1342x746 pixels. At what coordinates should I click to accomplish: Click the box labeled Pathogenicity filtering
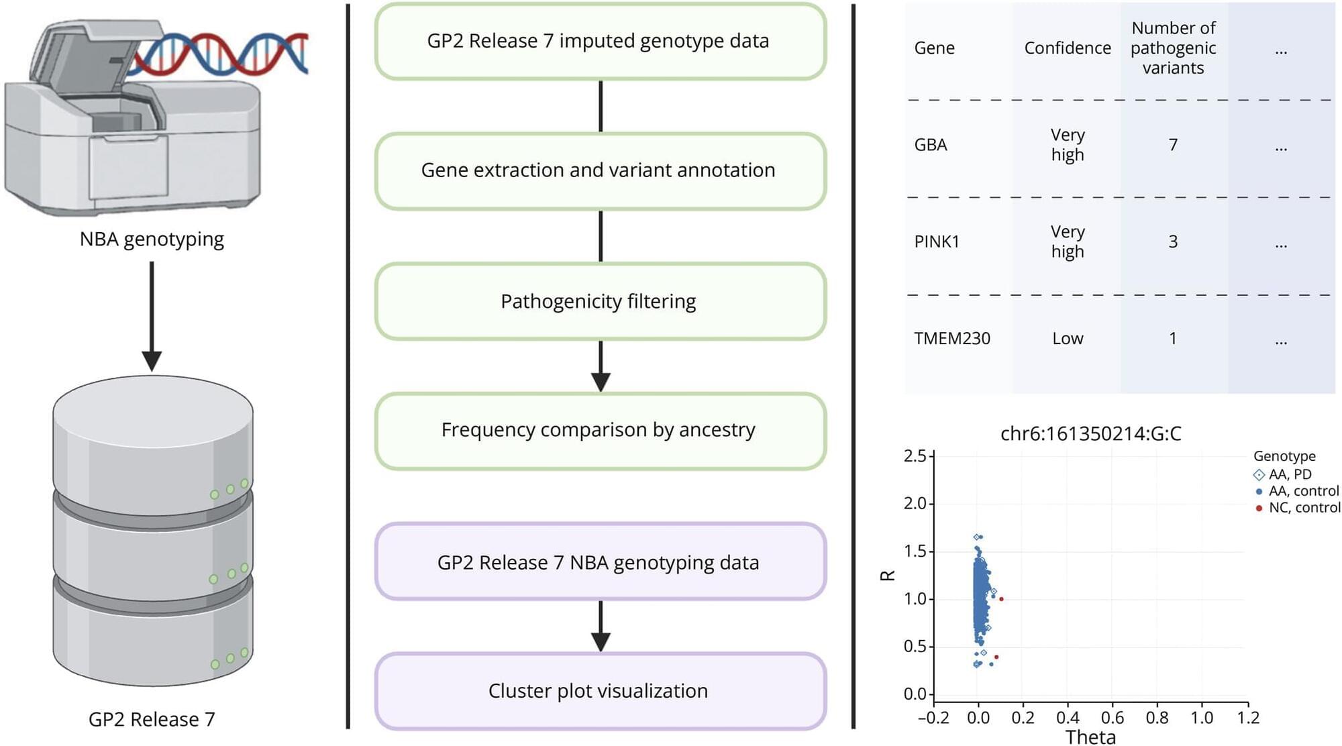click(600, 301)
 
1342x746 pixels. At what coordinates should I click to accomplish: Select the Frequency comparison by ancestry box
click(600, 430)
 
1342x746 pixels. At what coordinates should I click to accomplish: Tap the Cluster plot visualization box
click(600, 691)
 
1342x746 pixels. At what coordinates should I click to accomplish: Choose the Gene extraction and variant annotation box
click(600, 170)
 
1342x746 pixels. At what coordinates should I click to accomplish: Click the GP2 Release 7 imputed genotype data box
click(600, 41)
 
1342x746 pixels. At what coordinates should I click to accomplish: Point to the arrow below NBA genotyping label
click(152, 315)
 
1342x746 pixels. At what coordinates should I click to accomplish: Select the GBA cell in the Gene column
click(931, 145)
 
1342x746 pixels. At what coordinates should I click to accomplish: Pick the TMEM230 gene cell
click(951, 339)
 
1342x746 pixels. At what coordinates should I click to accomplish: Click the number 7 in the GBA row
click(1173, 145)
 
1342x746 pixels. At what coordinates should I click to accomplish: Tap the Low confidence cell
click(1068, 339)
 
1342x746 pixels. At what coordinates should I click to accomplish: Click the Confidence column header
click(1067, 48)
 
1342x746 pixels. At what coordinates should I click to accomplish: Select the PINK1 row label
click(937, 242)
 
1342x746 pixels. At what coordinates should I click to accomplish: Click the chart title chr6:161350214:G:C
click(1090, 434)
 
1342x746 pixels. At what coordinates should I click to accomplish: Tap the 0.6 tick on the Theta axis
click(1112, 718)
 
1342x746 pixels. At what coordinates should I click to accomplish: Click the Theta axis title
click(1090, 737)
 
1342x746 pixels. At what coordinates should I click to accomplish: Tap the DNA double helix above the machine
click(221, 54)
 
